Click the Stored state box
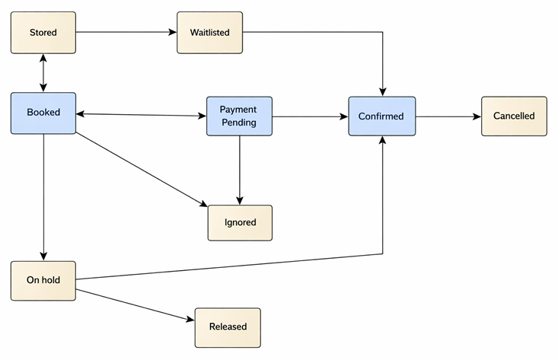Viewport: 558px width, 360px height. point(43,33)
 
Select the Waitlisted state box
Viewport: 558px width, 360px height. point(209,33)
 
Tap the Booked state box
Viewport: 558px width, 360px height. point(43,113)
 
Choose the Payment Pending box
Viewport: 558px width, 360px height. point(239,116)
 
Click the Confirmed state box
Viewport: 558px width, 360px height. point(381,116)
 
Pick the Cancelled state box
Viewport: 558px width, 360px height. point(514,116)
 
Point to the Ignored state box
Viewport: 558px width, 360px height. point(240,222)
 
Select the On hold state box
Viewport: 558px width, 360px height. point(43,280)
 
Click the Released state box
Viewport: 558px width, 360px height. point(228,327)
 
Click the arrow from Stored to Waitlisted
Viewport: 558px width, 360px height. point(126,33)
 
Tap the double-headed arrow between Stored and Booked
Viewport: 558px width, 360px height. point(43,73)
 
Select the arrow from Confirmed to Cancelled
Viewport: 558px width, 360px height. point(448,116)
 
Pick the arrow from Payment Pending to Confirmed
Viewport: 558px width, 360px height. point(311,116)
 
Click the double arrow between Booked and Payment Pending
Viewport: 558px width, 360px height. point(142,115)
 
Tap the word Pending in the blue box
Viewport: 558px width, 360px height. point(239,122)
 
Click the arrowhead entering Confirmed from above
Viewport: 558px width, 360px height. point(381,92)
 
